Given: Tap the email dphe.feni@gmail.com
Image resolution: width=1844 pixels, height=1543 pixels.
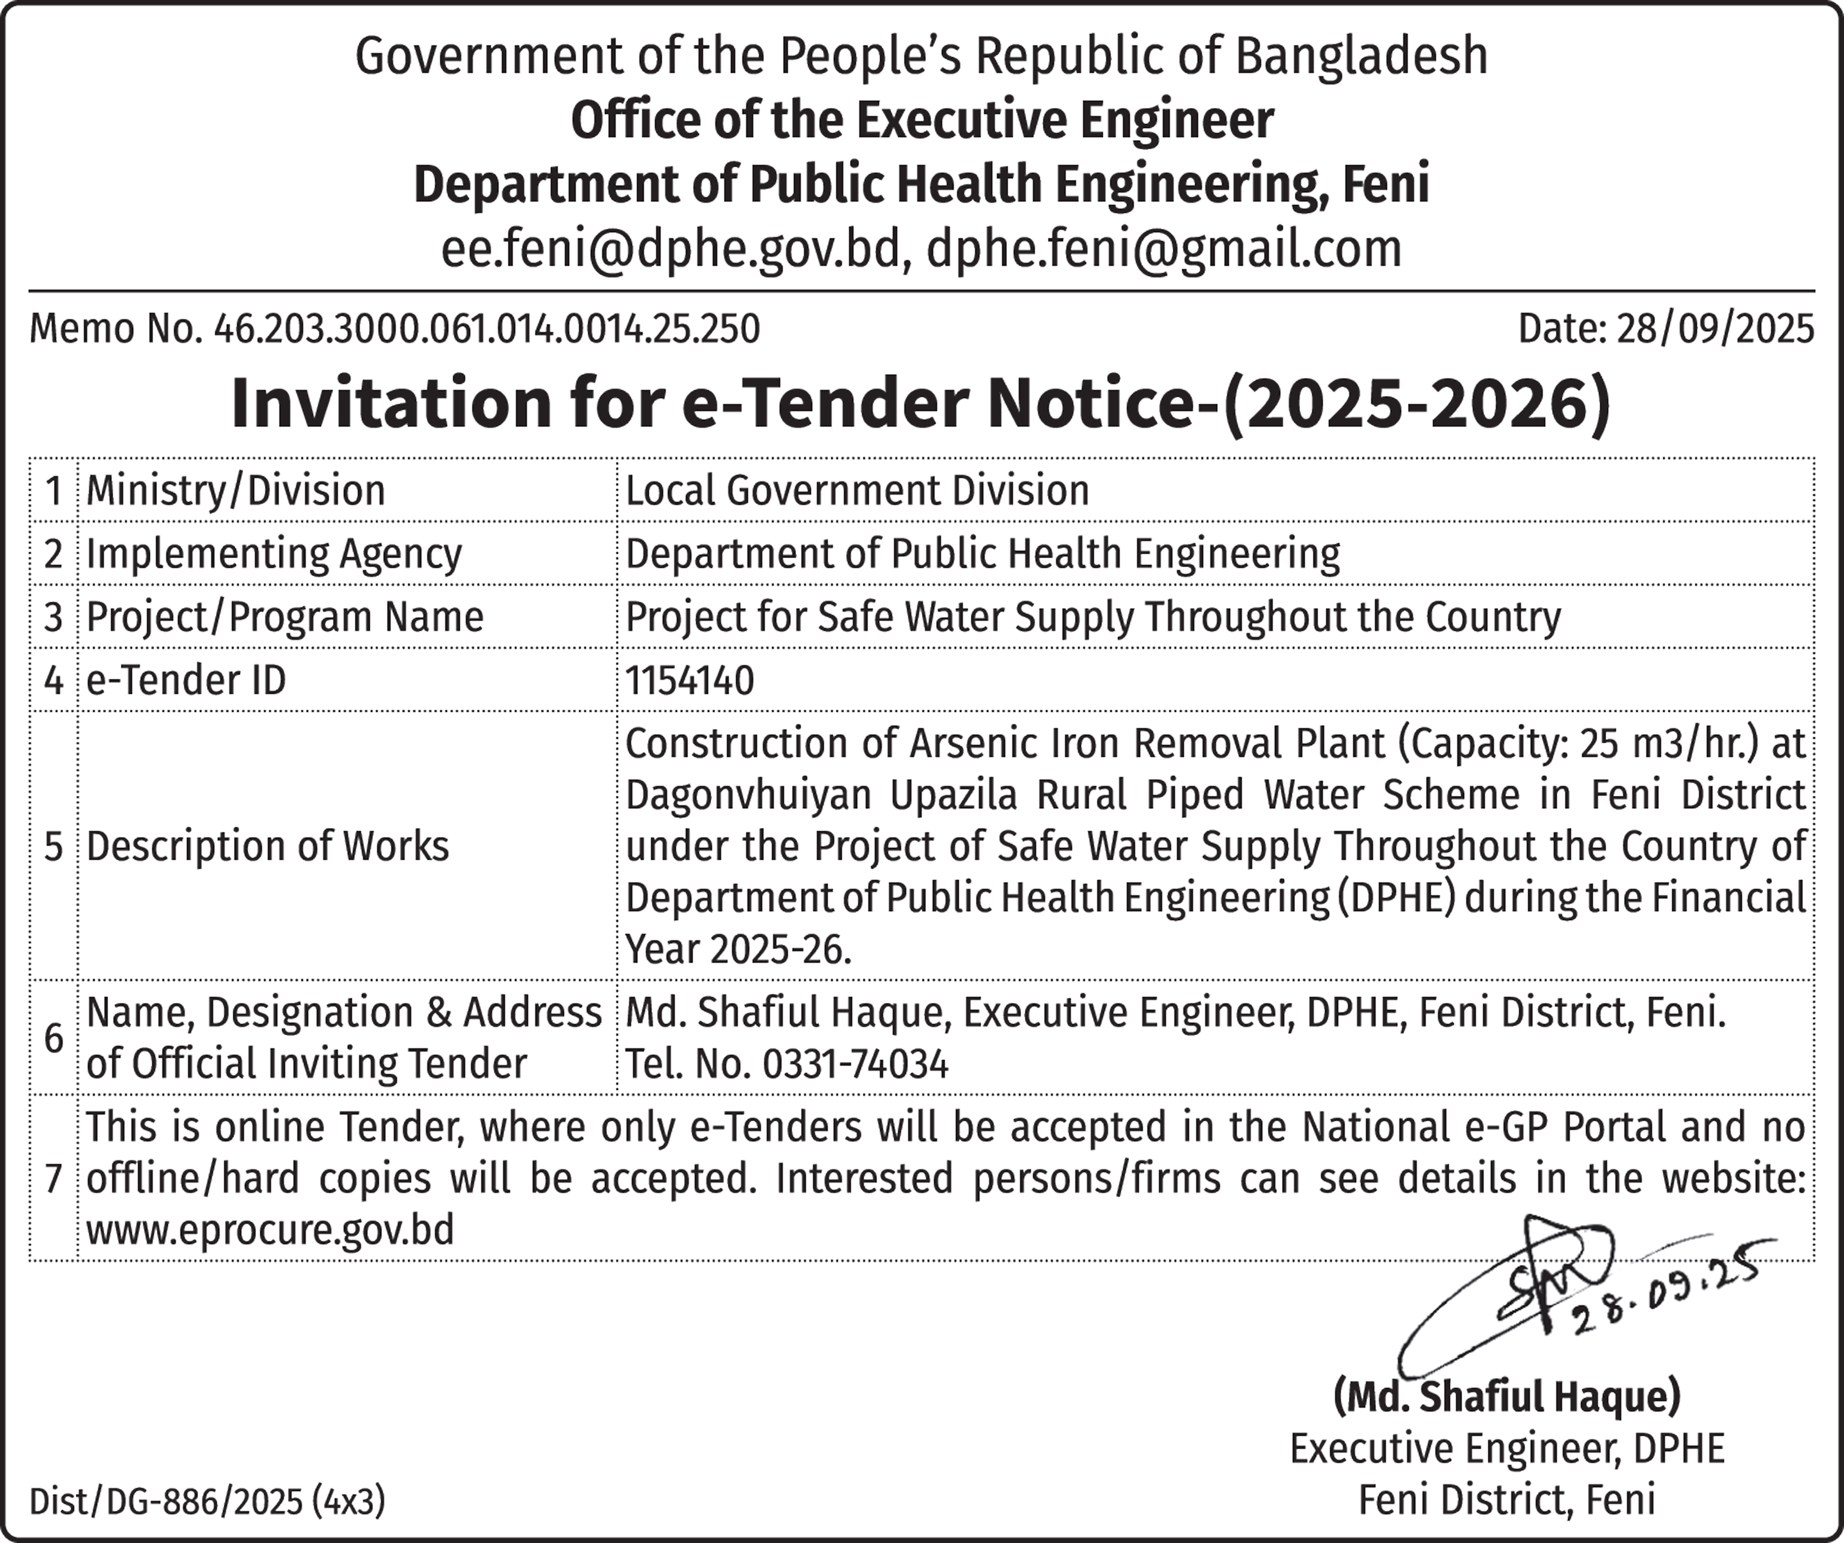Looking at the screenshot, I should (x=1164, y=249).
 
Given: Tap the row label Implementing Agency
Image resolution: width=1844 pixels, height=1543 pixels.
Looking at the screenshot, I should (x=274, y=554).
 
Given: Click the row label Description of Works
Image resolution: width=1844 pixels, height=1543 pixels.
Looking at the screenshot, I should (x=268, y=847).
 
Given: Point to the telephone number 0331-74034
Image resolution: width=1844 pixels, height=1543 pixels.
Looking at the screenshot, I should (x=855, y=1065).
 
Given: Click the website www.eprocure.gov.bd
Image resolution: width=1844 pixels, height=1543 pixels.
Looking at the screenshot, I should (x=271, y=1230).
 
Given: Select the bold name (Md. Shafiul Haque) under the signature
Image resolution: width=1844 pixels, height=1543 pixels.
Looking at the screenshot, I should (x=1507, y=1397).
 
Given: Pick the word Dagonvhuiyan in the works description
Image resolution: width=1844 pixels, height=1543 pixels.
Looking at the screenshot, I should (x=748, y=795).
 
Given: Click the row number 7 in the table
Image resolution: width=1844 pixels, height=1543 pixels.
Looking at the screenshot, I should (x=53, y=1179).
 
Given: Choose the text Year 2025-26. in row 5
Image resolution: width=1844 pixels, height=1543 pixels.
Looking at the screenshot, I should (x=738, y=949).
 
